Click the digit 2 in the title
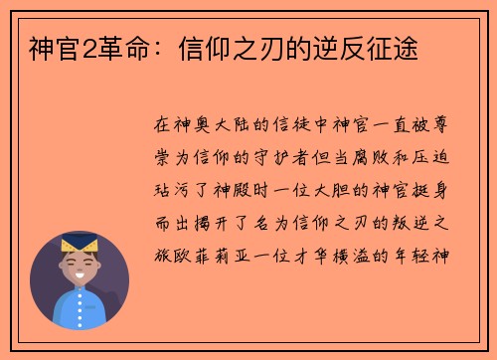click(x=73, y=46)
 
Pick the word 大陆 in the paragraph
click(x=232, y=126)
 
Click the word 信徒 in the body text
click(x=295, y=126)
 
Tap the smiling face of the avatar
click(x=81, y=267)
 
